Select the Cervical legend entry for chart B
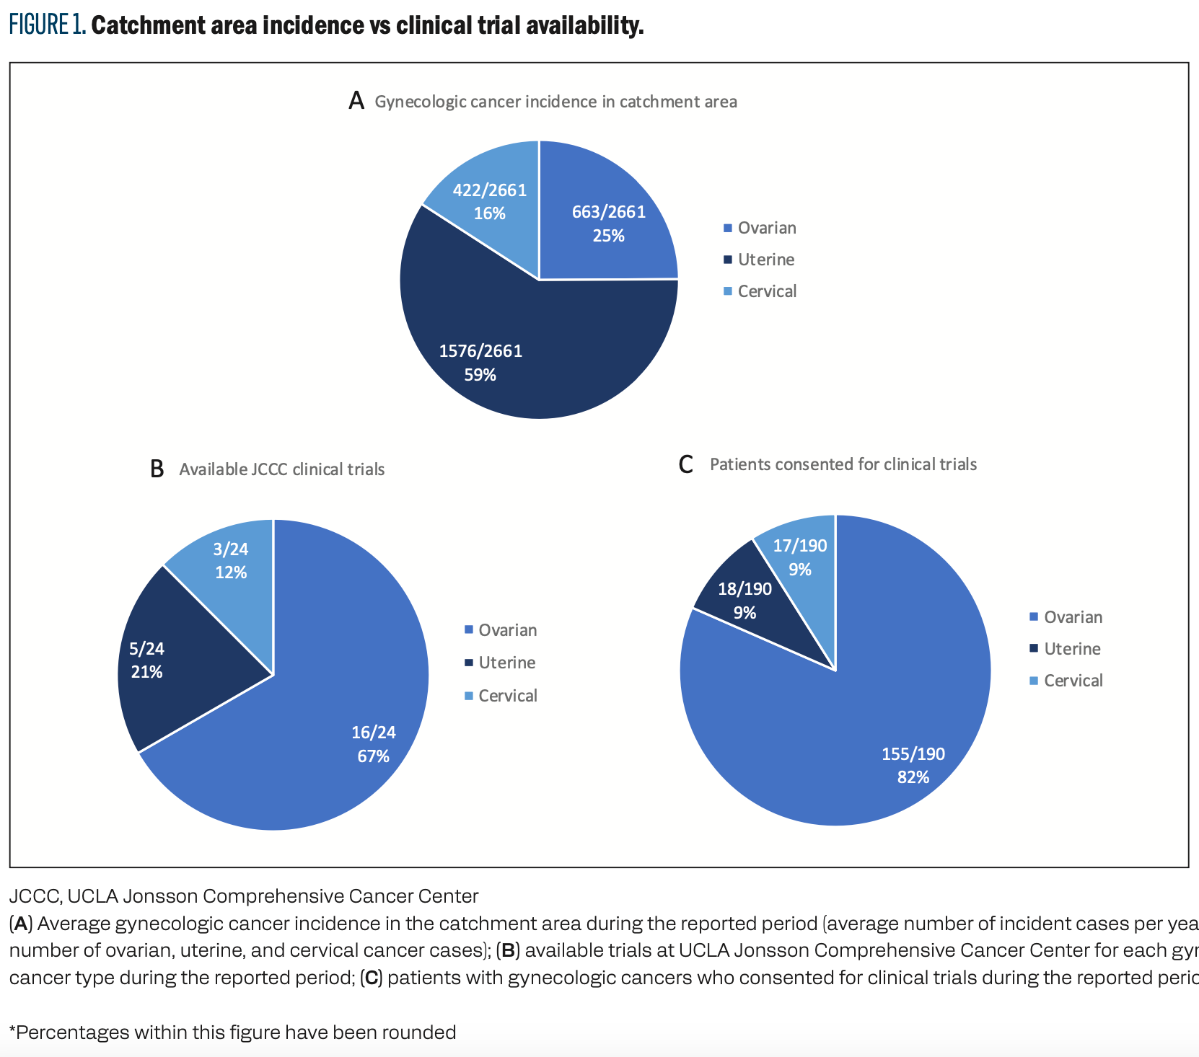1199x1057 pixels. [x=507, y=696]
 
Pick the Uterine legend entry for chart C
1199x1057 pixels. [x=1072, y=649]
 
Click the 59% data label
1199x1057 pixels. [x=480, y=375]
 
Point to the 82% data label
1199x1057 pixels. [x=913, y=777]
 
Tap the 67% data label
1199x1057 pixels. [x=373, y=756]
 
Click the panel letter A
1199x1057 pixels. [x=356, y=101]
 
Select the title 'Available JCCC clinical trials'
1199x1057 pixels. [x=281, y=469]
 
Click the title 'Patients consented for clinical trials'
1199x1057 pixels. [x=843, y=464]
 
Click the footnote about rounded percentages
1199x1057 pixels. [x=232, y=1032]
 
